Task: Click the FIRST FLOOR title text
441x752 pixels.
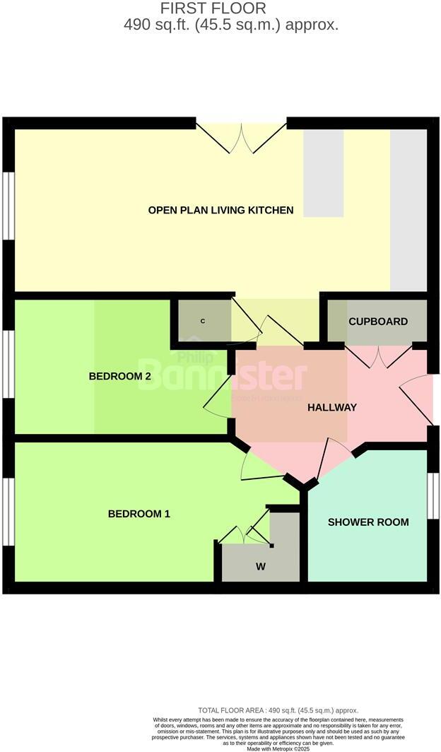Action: point(213,8)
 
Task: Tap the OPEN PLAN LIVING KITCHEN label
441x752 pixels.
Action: point(220,210)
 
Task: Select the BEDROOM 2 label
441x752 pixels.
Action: point(120,376)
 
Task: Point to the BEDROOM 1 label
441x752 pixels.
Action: point(139,514)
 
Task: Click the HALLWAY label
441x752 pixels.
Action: point(331,407)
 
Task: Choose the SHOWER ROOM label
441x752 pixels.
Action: point(368,522)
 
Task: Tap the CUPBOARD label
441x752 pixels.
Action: point(377,322)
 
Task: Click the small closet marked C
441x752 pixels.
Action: point(203,322)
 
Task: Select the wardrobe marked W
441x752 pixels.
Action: point(261,566)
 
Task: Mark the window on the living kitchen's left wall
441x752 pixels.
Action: point(8,205)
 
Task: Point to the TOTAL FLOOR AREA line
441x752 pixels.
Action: point(278,710)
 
